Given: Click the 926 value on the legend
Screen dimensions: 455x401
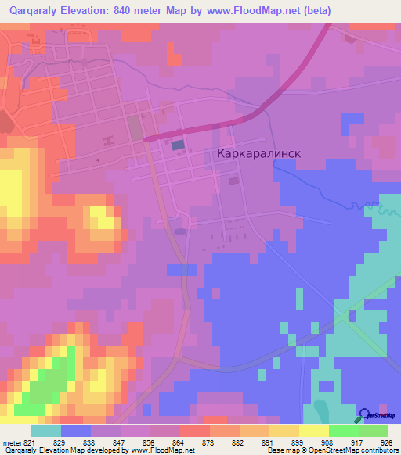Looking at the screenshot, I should [383, 442].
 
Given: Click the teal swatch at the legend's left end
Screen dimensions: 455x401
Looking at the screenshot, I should [45, 431].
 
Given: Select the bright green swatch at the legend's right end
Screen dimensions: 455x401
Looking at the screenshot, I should [373, 431].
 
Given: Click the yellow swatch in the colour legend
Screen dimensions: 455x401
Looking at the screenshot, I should [313, 431].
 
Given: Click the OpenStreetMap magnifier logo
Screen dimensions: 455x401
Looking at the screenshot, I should [364, 417].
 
